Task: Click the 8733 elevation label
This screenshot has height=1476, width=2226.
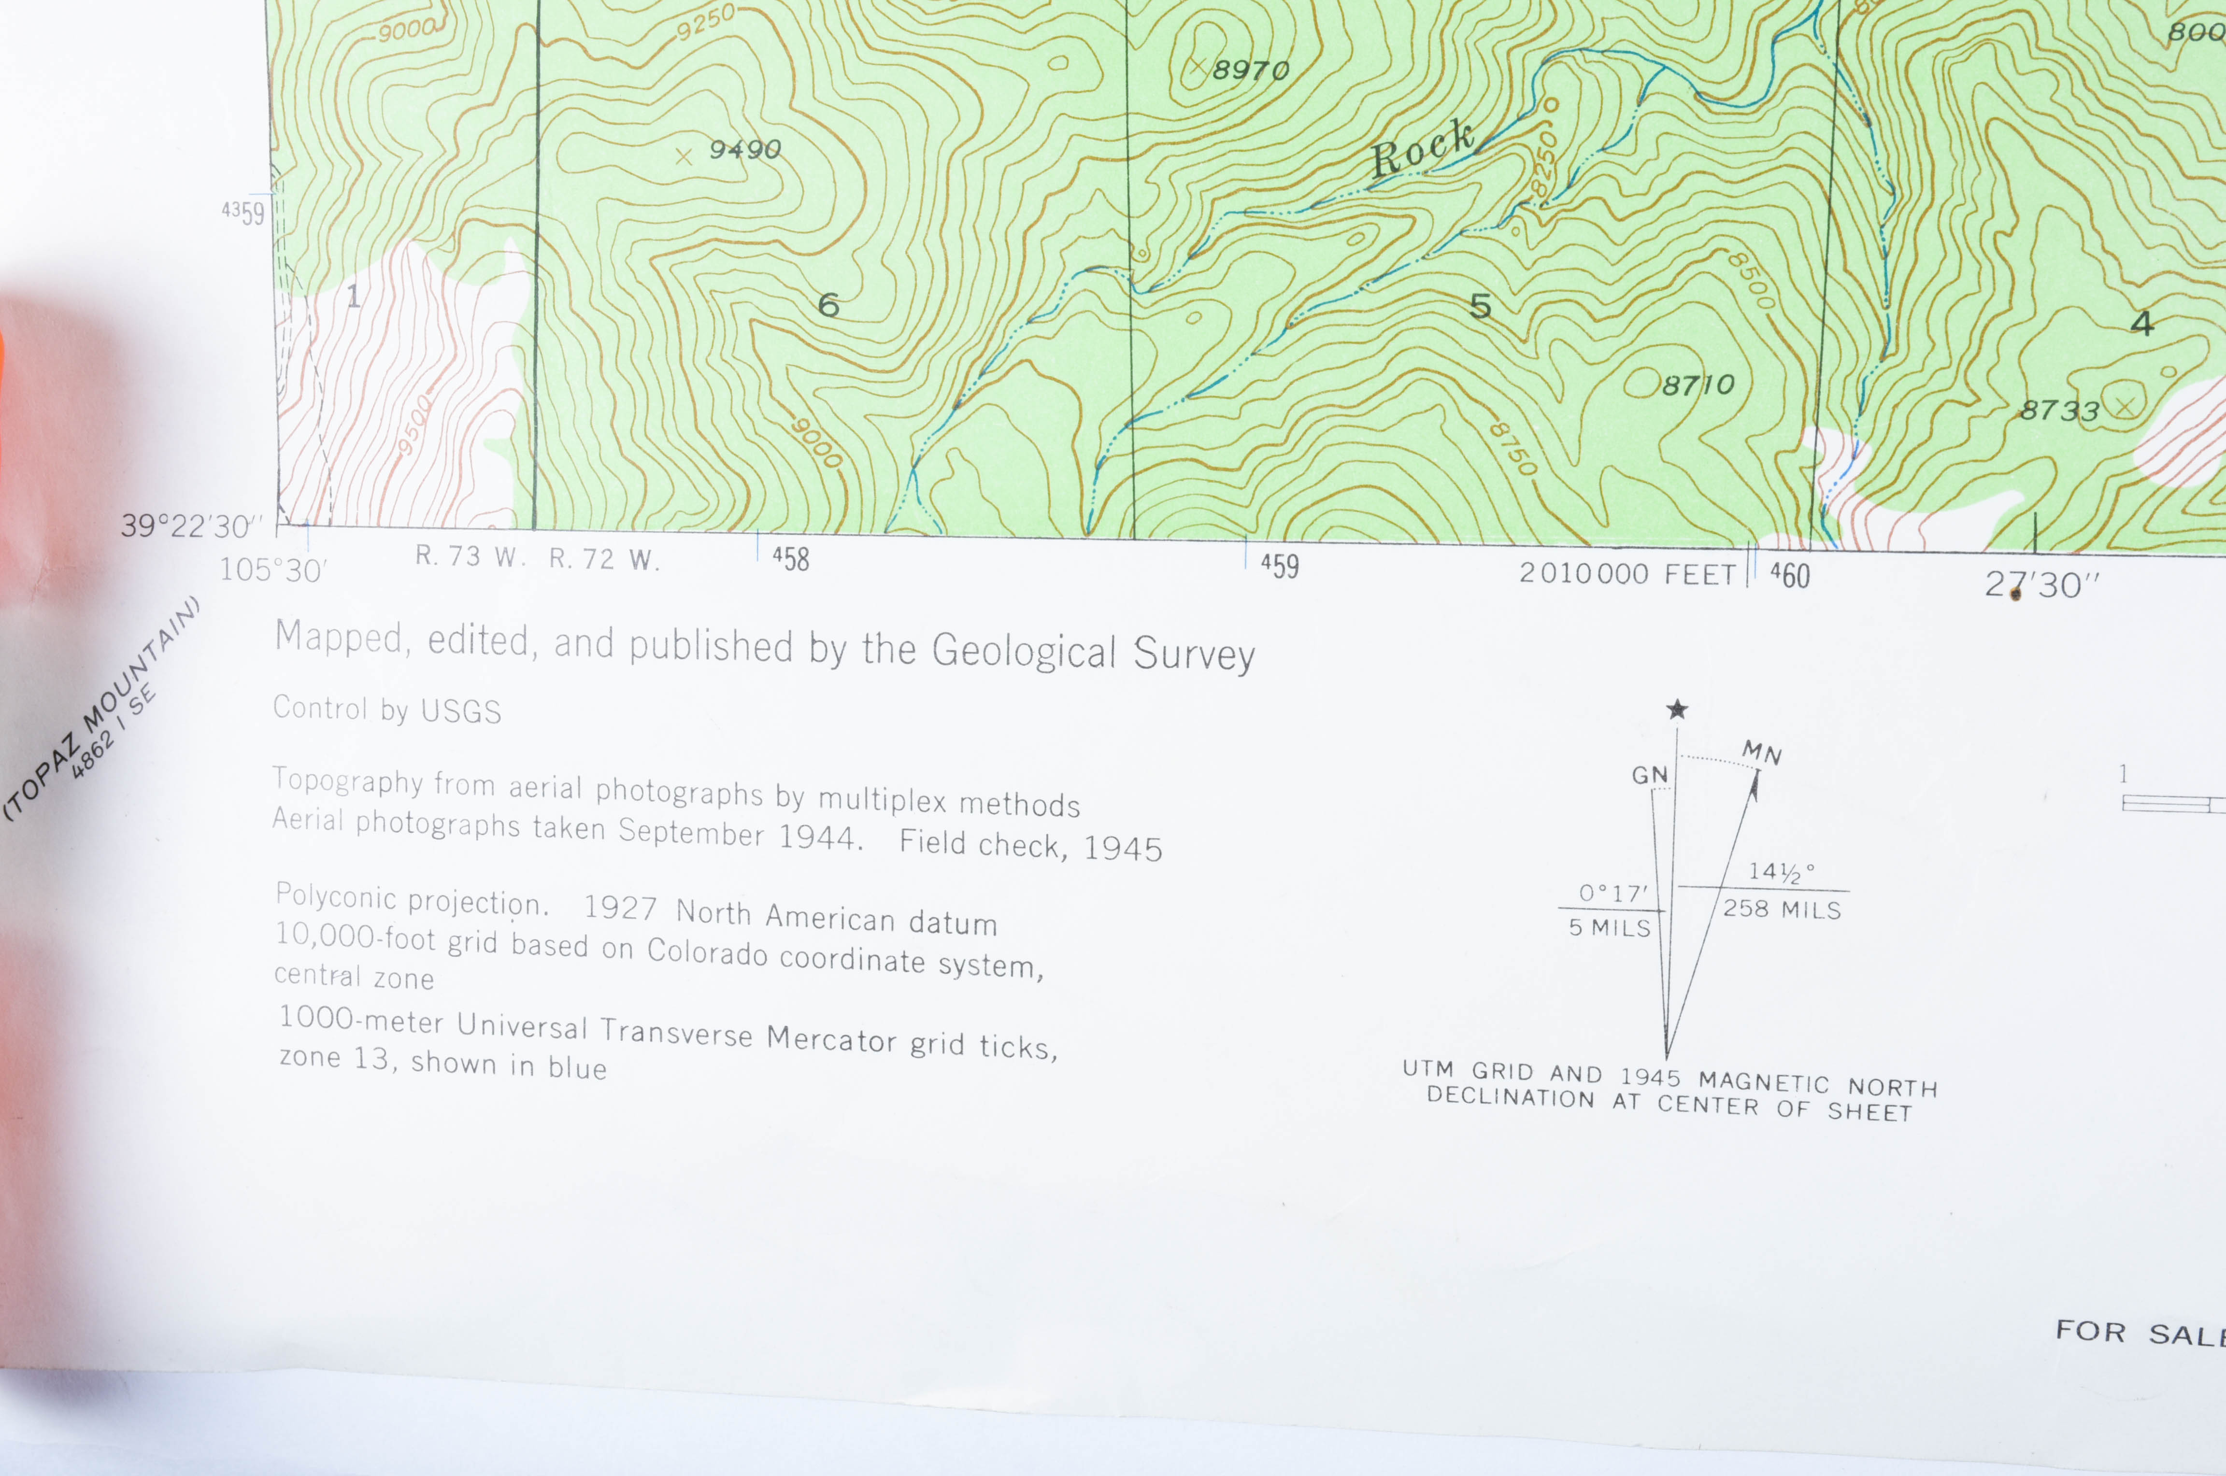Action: (2059, 411)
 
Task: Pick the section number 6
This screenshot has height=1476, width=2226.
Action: (828, 305)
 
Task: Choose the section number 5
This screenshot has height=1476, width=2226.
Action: (1481, 306)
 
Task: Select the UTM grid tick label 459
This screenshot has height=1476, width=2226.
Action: (1280, 566)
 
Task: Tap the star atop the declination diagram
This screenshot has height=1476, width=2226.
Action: (1676, 710)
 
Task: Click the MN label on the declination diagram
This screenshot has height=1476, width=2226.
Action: (1761, 753)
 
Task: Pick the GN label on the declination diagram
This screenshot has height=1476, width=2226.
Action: (1649, 775)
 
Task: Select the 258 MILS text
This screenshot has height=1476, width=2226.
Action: (1782, 909)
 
